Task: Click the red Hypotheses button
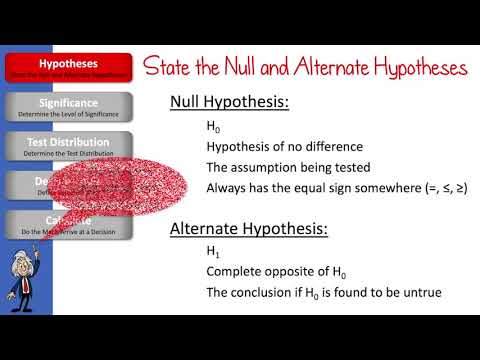pos(67,67)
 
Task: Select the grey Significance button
pos(67,106)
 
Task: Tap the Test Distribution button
pos(67,146)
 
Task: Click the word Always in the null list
pos(228,188)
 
